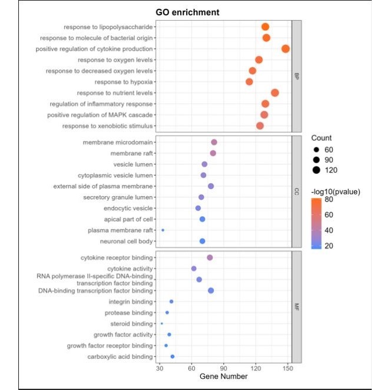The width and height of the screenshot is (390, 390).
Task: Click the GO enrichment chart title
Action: click(187, 12)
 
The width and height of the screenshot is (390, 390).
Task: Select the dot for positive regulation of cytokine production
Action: click(286, 49)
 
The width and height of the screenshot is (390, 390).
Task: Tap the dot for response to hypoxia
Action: click(249, 82)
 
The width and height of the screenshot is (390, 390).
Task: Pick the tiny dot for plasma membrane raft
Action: click(163, 230)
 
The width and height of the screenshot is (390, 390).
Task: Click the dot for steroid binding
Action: click(162, 323)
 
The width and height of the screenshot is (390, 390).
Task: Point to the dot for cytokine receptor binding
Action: click(210, 257)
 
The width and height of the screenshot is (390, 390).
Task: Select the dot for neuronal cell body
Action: click(202, 241)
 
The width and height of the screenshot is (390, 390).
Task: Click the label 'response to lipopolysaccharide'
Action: click(108, 27)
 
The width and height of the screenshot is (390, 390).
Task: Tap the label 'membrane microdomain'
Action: click(118, 142)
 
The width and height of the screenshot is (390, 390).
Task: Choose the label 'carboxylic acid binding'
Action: click(120, 356)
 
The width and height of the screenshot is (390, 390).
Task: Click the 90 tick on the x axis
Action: click(224, 368)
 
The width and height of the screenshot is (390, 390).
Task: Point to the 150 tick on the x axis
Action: click(287, 368)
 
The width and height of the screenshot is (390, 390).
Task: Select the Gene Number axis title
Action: click(223, 376)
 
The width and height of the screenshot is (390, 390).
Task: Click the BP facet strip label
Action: click(296, 76)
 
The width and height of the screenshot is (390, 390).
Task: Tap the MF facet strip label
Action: click(296, 307)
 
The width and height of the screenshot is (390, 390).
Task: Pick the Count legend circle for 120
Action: click(316, 170)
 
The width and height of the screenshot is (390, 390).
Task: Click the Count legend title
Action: click(321, 138)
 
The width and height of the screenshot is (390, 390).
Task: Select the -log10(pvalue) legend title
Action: click(336, 192)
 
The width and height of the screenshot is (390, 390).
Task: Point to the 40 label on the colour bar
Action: click(329, 230)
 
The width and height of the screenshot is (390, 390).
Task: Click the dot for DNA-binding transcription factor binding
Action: click(211, 290)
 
